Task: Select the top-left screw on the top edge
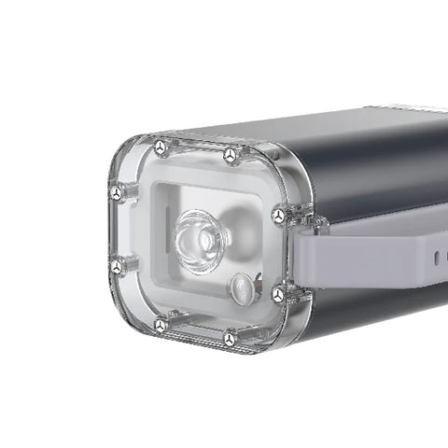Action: [161, 147]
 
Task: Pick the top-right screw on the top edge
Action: [229, 154]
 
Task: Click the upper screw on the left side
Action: [116, 195]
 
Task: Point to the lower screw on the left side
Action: [117, 267]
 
